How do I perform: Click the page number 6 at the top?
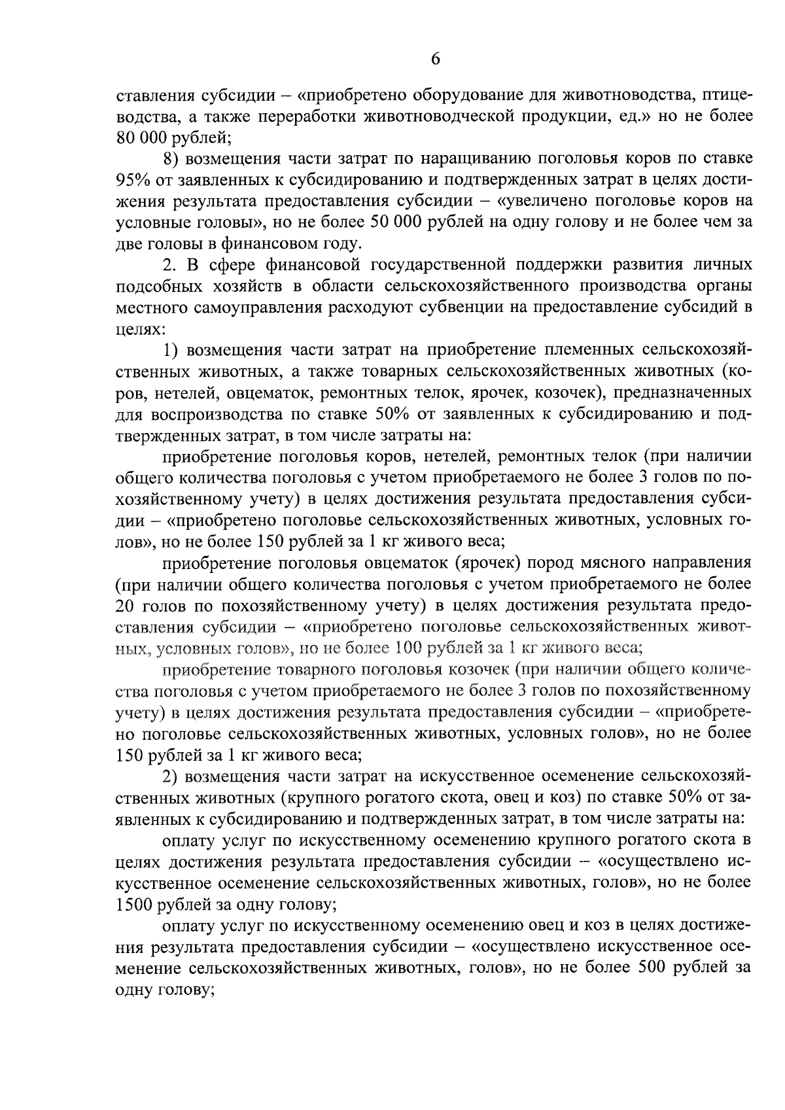pos(436,60)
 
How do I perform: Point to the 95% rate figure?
pos(134,180)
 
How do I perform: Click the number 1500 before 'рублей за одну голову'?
pos(134,905)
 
